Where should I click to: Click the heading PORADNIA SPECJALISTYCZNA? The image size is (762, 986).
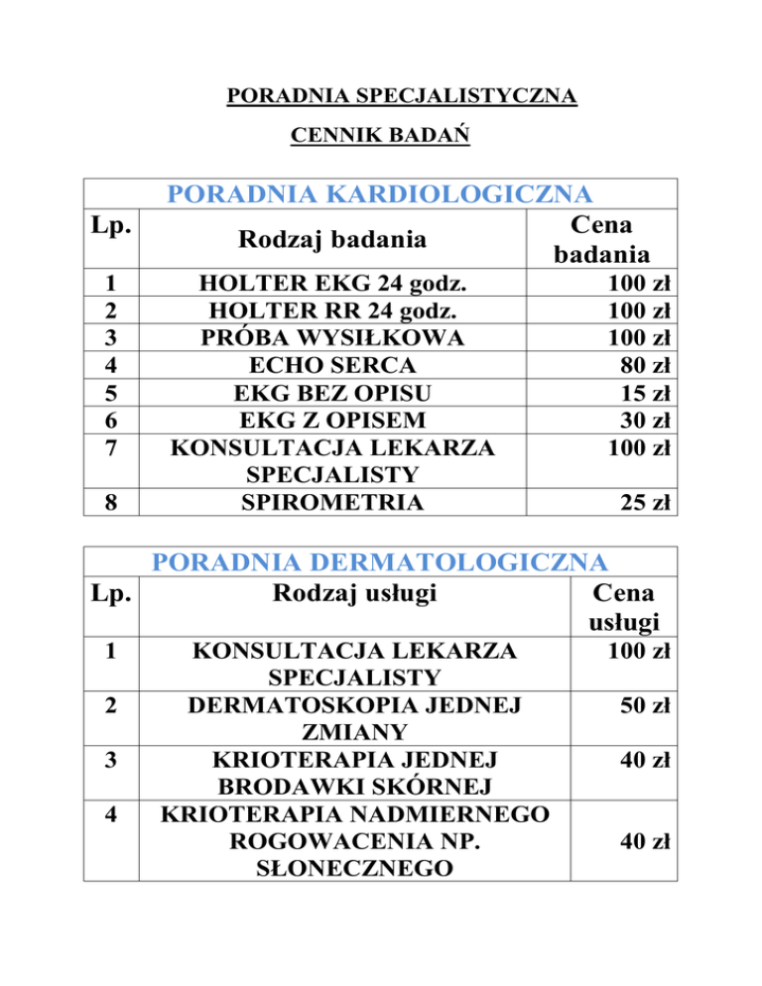[x=402, y=97]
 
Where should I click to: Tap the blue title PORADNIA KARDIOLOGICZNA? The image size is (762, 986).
[x=380, y=192]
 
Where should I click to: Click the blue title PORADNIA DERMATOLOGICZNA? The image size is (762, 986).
[x=380, y=562]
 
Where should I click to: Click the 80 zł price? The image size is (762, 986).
[x=645, y=364]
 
